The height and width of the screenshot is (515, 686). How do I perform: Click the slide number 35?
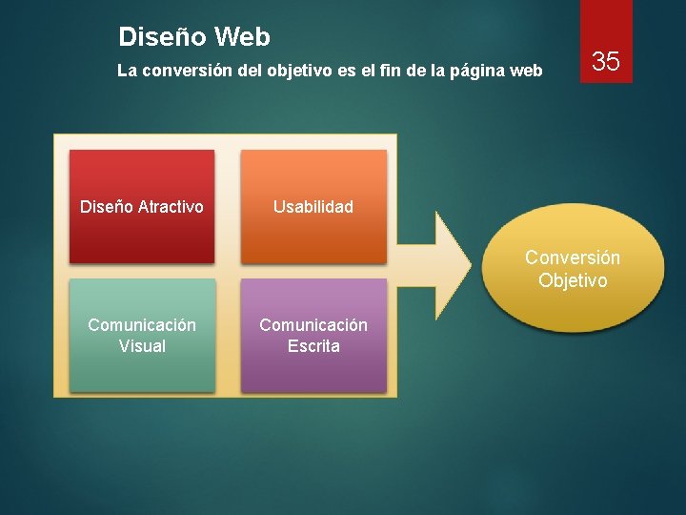click(x=606, y=62)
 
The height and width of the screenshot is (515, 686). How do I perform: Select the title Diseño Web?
click(x=194, y=37)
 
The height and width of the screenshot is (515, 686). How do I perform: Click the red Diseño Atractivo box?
click(x=142, y=206)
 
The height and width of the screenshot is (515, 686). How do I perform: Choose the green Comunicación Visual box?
click(x=142, y=335)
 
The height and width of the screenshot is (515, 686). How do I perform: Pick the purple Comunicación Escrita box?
click(x=313, y=335)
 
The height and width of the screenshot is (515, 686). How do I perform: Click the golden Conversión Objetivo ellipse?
click(x=573, y=269)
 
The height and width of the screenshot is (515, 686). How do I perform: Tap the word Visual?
click(x=142, y=346)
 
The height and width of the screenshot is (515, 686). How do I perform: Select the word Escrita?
click(x=313, y=346)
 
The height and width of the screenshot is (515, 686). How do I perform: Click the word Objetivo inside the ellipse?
click(x=573, y=280)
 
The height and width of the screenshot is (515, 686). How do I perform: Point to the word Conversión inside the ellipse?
click(x=573, y=257)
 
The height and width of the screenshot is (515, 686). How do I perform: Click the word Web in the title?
click(x=242, y=37)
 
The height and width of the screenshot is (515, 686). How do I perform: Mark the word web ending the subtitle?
click(x=527, y=71)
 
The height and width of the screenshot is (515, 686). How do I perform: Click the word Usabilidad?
click(x=313, y=207)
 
